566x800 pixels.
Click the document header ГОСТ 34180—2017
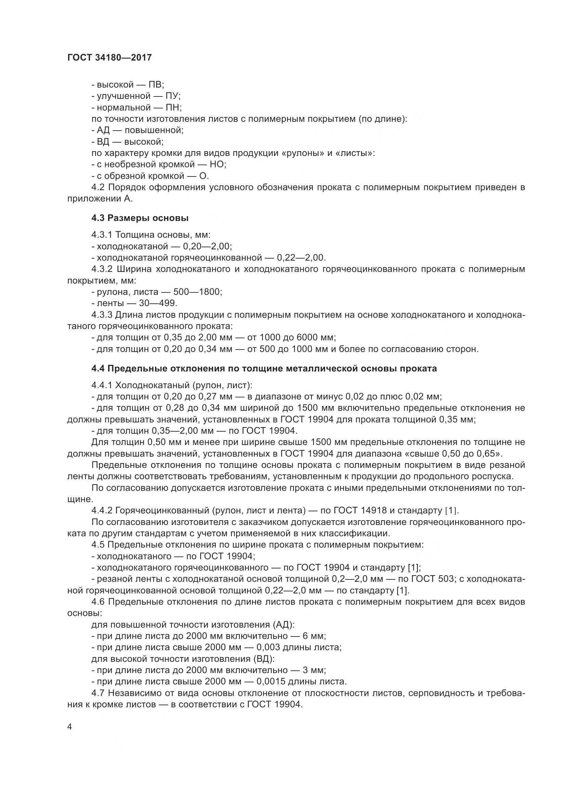[x=110, y=57]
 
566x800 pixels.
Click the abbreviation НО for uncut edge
[x=218, y=164]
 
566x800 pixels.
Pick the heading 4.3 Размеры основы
[x=140, y=218]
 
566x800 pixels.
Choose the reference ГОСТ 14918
[x=360, y=511]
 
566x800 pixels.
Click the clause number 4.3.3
[x=102, y=315]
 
